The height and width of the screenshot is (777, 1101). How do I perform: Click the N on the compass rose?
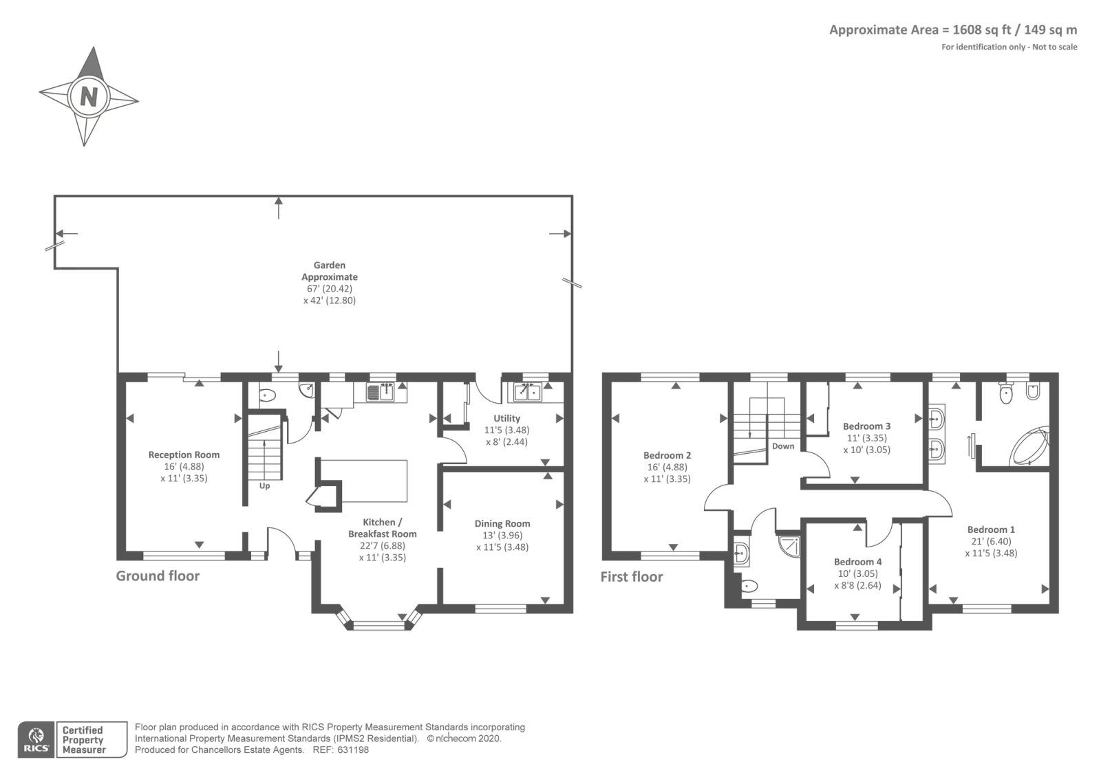[x=89, y=96]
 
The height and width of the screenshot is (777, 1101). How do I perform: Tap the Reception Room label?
[x=184, y=455]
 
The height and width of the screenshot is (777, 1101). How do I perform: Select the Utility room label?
[x=506, y=419]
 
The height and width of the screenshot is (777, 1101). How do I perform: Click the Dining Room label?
[x=502, y=524]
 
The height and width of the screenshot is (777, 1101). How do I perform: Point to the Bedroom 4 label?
[x=857, y=562]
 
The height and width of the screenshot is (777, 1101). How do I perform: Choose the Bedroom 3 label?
[x=866, y=426]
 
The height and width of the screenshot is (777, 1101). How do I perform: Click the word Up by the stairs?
[x=264, y=486]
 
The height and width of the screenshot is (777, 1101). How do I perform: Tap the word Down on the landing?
[x=783, y=446]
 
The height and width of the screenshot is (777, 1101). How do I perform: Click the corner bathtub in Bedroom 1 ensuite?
[x=1029, y=448]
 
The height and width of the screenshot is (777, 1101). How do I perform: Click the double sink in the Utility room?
[x=527, y=392]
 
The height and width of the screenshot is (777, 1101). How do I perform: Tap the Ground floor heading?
[x=158, y=576]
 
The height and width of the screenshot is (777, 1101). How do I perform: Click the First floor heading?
[x=632, y=577]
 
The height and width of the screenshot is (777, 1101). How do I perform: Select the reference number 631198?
[x=353, y=750]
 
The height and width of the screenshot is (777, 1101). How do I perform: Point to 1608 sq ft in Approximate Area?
[x=981, y=30]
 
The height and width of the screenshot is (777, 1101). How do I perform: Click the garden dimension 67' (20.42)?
[x=330, y=289]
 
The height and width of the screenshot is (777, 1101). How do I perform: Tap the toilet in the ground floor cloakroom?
[x=268, y=395]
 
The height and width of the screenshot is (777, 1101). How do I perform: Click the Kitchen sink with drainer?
[x=380, y=392]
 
